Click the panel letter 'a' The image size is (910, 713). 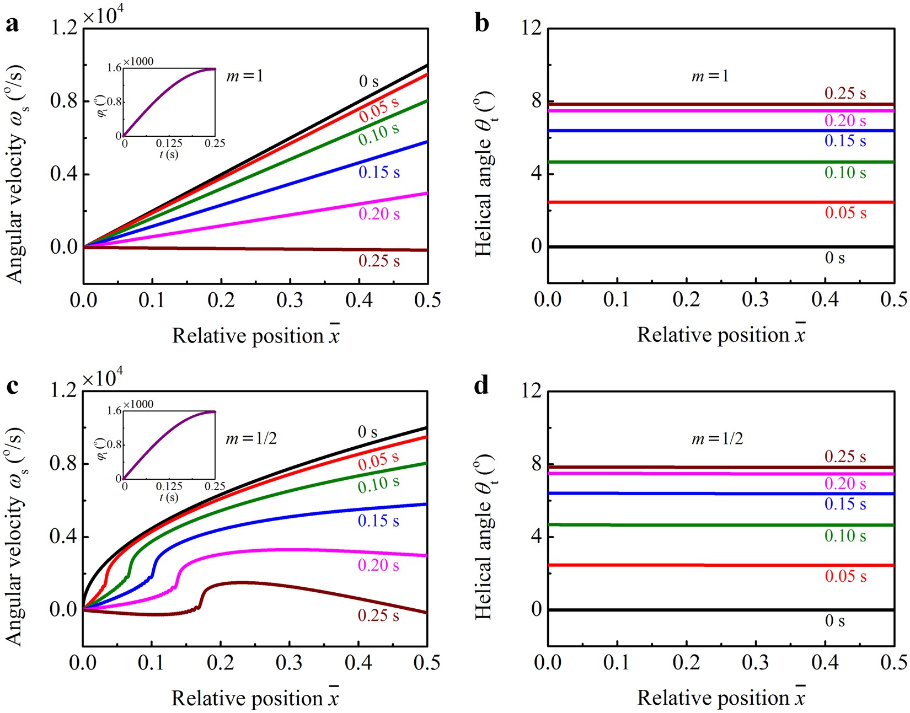pyautogui.click(x=12, y=25)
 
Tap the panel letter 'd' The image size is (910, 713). pyautogui.click(x=481, y=385)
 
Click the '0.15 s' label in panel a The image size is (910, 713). pyautogui.click(x=379, y=173)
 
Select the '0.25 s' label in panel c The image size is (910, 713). pyautogui.click(x=378, y=615)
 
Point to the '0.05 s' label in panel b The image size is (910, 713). pyautogui.click(x=845, y=213)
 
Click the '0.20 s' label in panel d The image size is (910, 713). pyautogui.click(x=845, y=484)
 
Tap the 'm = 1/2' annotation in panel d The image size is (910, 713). pyautogui.click(x=717, y=438)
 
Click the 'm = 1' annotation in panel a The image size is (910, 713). pyautogui.click(x=245, y=76)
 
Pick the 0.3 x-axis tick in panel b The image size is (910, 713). pyautogui.click(x=756, y=299)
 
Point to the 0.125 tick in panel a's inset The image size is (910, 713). pyautogui.click(x=169, y=143)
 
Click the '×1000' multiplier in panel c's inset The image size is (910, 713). pyautogui.click(x=138, y=405)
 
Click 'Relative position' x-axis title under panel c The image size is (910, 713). pyautogui.click(x=248, y=698)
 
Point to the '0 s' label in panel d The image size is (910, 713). pyautogui.click(x=834, y=621)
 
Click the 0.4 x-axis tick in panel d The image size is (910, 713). pyautogui.click(x=825, y=662)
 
